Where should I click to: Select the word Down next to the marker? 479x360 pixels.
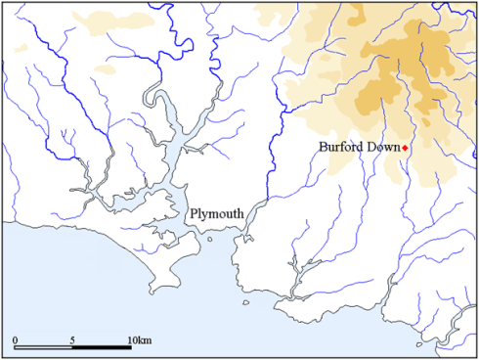pos(381,147)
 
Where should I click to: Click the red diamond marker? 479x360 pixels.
pos(404,148)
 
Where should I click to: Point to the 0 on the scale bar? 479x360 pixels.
pos(16,338)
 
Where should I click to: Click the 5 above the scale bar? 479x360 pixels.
pos(73,338)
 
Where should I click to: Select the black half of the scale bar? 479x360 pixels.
pos(103,348)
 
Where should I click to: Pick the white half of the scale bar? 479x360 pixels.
pos(45,348)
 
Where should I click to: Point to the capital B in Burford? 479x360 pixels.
pos(324,147)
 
